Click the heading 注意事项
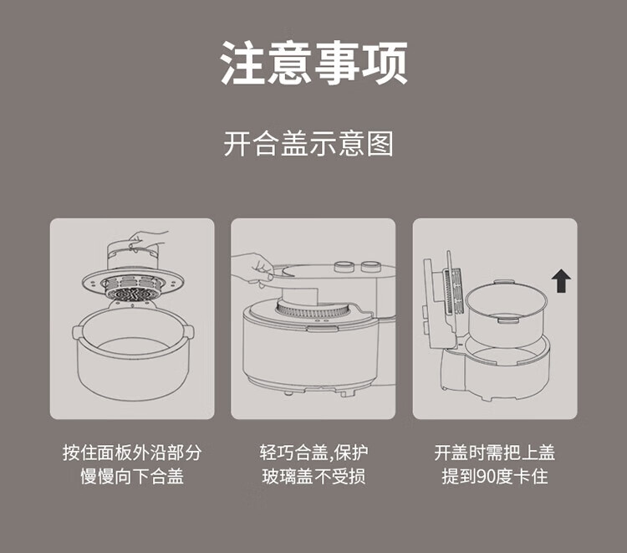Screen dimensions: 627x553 [313, 63]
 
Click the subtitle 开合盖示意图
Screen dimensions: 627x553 [308, 143]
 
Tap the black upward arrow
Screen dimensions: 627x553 [561, 280]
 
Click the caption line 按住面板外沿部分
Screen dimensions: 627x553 [132, 453]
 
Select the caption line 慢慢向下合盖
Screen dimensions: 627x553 [132, 477]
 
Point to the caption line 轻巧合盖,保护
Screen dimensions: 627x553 [313, 453]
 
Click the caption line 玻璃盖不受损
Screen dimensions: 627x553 [313, 477]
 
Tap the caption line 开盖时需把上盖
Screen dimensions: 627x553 [495, 453]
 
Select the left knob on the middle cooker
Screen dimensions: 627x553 [344, 267]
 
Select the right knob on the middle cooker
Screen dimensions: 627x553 [370, 267]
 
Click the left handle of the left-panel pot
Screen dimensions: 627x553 [78, 332]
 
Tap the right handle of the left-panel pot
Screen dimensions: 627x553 [189, 332]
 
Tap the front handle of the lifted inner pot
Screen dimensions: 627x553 [507, 320]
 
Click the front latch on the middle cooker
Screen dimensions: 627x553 [323, 329]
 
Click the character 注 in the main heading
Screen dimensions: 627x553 [243, 63]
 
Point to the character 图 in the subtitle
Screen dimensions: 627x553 [380, 144]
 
